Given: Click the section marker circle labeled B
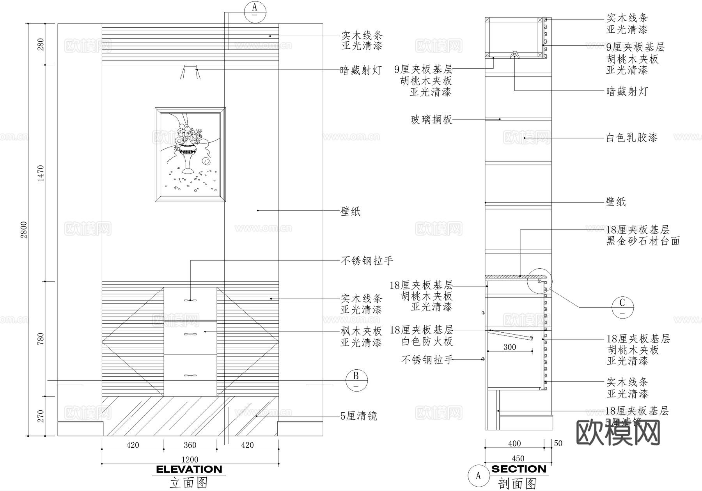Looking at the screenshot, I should [356, 379].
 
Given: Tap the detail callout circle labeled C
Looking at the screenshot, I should [622, 307].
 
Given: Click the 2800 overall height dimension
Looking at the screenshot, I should [24, 230].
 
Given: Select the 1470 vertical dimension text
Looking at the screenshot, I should [41, 174].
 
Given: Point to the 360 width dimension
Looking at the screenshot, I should [190, 445].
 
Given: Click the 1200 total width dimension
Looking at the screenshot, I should [190, 459].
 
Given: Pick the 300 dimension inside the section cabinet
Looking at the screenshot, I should [509, 347].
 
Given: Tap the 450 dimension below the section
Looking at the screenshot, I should [518, 458].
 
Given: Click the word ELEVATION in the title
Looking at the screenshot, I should [189, 469].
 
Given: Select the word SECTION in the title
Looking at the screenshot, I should [519, 469].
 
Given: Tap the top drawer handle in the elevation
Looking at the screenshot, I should [190, 300].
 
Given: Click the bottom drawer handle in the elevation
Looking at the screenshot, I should [190, 375].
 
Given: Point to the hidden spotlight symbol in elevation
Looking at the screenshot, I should [190, 72].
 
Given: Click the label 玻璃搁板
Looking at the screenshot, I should [431, 119].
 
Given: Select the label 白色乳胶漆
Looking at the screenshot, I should [631, 137].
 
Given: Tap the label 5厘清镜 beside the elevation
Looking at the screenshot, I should [358, 416].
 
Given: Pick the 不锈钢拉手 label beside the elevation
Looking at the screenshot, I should [367, 261].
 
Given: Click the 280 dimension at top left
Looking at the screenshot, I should [41, 44].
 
